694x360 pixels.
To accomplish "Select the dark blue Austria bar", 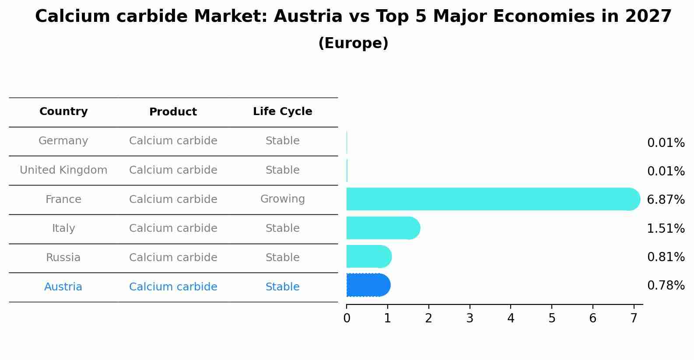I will pyautogui.click(x=368, y=285).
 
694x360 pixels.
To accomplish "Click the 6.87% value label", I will pyautogui.click(x=666, y=200).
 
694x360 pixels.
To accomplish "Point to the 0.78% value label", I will pyautogui.click(x=666, y=286).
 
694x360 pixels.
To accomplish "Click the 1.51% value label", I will pyautogui.click(x=666, y=228).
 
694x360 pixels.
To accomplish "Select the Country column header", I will pyautogui.click(x=63, y=112).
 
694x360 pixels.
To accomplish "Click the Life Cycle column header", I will pyautogui.click(x=282, y=112).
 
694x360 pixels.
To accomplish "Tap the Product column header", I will pyautogui.click(x=173, y=112).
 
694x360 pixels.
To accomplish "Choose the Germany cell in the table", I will pyautogui.click(x=63, y=141).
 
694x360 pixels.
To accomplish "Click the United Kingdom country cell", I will pyautogui.click(x=63, y=170).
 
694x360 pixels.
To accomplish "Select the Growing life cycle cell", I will pyautogui.click(x=282, y=199).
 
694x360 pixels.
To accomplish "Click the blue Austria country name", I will pyautogui.click(x=63, y=287).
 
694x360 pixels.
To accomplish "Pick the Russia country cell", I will pyautogui.click(x=63, y=258).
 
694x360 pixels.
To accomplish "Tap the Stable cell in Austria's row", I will pyautogui.click(x=282, y=287).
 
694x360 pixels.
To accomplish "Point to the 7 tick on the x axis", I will pyautogui.click(x=634, y=318).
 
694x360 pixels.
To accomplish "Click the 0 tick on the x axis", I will pyautogui.click(x=347, y=318).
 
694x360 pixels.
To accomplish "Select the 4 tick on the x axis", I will pyautogui.click(x=511, y=318).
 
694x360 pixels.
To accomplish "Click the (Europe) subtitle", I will pyautogui.click(x=353, y=43).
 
